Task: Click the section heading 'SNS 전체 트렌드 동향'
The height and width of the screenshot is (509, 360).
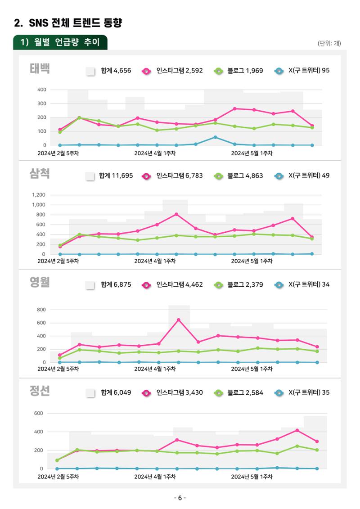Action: coord(75,23)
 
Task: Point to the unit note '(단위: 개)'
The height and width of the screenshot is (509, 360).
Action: coord(329,43)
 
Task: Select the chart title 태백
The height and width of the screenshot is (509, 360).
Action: coord(40,68)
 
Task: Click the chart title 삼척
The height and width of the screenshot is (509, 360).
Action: coord(40,173)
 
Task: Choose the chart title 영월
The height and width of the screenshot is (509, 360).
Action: coord(40,282)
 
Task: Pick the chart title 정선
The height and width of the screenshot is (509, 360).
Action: coord(40,391)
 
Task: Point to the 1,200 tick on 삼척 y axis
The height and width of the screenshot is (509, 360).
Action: coord(39,195)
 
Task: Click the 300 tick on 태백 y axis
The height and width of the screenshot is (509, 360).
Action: coord(41,104)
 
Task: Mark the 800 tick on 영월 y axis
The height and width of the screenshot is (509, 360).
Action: coord(41,310)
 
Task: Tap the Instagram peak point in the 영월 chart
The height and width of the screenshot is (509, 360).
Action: coord(179,320)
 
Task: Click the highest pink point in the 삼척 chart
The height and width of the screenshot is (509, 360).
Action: coord(176,214)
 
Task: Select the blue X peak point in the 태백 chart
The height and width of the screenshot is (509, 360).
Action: coord(215,137)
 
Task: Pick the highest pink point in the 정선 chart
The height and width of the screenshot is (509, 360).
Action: coord(297,430)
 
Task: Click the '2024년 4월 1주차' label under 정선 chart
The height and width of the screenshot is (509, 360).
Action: coord(155,477)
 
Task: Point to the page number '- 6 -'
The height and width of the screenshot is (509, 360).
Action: coord(180,498)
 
